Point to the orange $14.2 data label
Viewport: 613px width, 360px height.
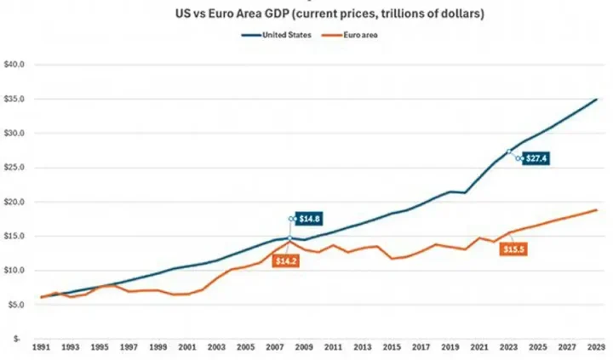tap(287, 260)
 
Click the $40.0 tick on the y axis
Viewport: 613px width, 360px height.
tap(16, 65)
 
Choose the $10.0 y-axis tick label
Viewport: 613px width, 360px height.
tap(16, 271)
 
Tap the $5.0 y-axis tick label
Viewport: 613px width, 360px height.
tap(17, 305)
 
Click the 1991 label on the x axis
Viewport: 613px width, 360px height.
tap(40, 347)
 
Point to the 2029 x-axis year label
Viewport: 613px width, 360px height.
tap(595, 347)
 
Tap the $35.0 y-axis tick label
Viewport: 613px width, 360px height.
tap(16, 99)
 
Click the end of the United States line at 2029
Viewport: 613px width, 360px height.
tap(596, 100)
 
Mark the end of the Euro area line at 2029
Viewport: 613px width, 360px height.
tap(596, 209)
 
